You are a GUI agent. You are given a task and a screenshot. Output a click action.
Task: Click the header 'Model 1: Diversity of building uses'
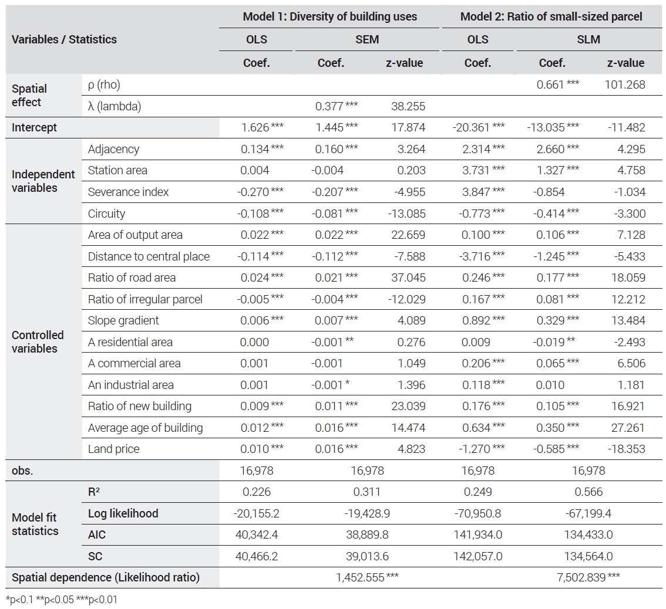(x=329, y=16)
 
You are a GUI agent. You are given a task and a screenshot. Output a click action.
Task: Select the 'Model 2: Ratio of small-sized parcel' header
(x=551, y=16)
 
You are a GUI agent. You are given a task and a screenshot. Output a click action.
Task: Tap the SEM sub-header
(x=367, y=39)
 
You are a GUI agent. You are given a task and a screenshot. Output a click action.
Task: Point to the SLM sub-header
(x=588, y=39)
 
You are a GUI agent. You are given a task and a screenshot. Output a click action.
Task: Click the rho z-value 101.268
(x=625, y=84)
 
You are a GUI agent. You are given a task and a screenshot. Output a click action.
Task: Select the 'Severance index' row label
(x=128, y=192)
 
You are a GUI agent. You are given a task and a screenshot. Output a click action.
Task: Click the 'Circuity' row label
(x=107, y=214)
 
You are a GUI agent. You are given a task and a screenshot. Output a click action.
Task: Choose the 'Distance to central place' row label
(x=149, y=256)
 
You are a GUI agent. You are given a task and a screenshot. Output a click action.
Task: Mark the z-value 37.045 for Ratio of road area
(x=408, y=278)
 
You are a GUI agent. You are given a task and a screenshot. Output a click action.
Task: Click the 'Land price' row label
(x=113, y=449)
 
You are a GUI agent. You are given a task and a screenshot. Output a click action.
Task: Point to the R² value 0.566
(x=588, y=492)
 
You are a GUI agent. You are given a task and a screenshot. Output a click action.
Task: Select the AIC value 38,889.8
(x=367, y=534)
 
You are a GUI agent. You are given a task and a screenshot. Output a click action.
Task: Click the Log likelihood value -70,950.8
(x=478, y=513)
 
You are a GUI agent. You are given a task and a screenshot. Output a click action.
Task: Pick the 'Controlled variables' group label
(x=38, y=341)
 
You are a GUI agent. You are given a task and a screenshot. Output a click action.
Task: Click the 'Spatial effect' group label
(x=29, y=96)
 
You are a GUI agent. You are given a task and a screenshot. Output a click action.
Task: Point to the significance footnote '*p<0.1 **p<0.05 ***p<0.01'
(x=62, y=600)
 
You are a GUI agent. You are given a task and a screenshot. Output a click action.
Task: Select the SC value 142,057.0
(x=478, y=556)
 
